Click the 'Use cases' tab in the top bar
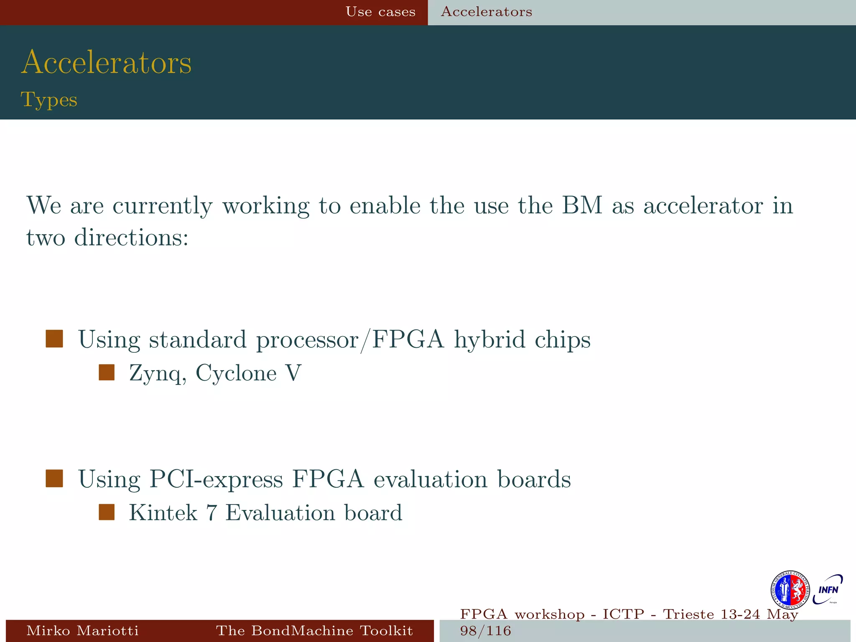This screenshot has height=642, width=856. pyautogui.click(x=380, y=12)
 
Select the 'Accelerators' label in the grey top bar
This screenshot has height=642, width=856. pyautogui.click(x=487, y=12)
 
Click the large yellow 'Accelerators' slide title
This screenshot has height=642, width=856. pyautogui.click(x=107, y=62)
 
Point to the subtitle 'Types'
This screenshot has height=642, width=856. pyautogui.click(x=49, y=100)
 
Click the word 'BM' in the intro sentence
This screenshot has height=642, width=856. pyautogui.click(x=581, y=205)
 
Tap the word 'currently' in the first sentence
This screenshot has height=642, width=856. pyautogui.click(x=162, y=206)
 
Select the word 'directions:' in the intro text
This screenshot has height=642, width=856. pyautogui.click(x=131, y=237)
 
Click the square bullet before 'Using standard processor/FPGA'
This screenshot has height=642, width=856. pyautogui.click(x=54, y=339)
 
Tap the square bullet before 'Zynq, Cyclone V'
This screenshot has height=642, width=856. pyautogui.click(x=107, y=372)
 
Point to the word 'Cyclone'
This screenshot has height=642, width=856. pyautogui.click(x=236, y=373)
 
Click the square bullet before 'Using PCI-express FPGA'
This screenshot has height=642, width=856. pyautogui.click(x=54, y=479)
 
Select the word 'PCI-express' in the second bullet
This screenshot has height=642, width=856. pyautogui.click(x=216, y=479)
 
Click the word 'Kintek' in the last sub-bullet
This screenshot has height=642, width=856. pyautogui.click(x=163, y=512)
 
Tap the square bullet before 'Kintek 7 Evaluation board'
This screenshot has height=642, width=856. pyautogui.click(x=107, y=512)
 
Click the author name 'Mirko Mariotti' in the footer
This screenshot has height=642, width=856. pyautogui.click(x=82, y=630)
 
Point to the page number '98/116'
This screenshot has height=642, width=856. pyautogui.click(x=485, y=631)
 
